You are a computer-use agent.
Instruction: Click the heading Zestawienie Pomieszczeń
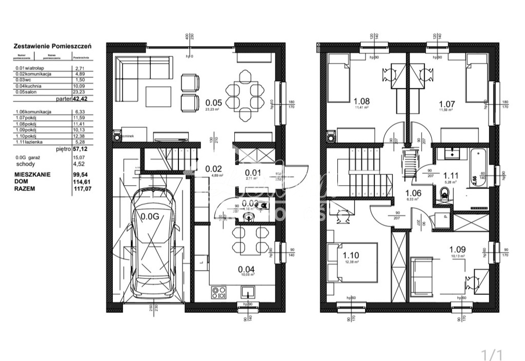52,46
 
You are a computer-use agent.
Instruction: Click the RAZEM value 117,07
79,188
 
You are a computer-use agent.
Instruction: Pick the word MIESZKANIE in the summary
32,175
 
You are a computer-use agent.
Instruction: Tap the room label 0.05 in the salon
213,102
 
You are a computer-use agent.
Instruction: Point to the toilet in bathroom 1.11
445,194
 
